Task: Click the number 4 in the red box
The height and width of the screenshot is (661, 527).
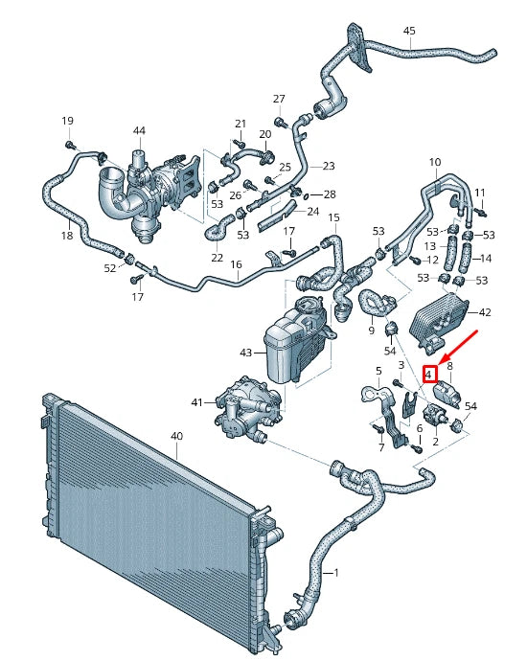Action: (430, 374)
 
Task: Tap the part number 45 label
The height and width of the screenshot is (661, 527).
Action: (409, 31)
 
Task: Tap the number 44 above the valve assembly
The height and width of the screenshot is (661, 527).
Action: (139, 130)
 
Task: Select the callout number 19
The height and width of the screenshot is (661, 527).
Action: (67, 121)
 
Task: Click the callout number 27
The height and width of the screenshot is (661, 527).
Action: (279, 100)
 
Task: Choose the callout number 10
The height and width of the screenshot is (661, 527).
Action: (434, 162)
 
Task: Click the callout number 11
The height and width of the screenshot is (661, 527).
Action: (480, 193)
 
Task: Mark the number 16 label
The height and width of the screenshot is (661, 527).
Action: (236, 263)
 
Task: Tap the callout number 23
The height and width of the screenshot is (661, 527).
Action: (329, 166)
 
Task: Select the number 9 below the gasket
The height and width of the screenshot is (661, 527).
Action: (371, 330)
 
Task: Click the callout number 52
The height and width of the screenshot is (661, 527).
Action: (109, 268)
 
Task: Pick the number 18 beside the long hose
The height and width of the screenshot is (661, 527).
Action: (66, 235)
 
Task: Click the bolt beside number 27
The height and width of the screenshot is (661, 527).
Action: (279, 122)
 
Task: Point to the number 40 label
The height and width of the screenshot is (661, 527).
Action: (175, 436)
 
